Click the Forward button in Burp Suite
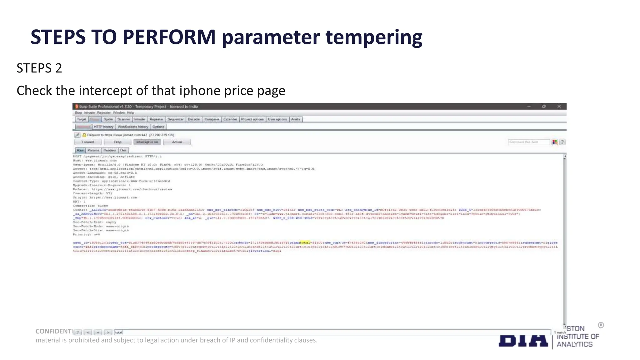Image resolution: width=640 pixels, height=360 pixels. click(x=88, y=142)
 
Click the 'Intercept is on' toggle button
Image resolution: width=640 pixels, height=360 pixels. click(x=147, y=142)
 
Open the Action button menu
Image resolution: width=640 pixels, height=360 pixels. click(x=177, y=142)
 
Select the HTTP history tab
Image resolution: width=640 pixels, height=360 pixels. click(x=104, y=127)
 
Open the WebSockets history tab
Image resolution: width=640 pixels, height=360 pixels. click(x=133, y=127)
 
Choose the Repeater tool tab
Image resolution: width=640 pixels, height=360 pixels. click(x=156, y=119)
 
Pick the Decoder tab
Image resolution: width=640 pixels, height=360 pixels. click(x=194, y=119)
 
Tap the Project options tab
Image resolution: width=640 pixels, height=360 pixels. click(x=252, y=119)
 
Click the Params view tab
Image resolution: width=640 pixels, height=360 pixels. click(x=93, y=150)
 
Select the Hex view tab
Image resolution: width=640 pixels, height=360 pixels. click(x=123, y=150)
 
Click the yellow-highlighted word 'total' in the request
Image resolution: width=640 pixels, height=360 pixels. click(x=305, y=242)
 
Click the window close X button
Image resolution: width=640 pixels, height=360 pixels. click(x=559, y=107)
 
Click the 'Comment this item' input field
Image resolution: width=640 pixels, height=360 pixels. click(x=528, y=142)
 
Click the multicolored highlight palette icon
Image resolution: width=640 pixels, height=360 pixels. click(x=555, y=142)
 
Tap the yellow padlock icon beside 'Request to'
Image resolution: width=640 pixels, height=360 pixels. click(x=84, y=135)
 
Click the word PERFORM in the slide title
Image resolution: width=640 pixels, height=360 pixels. click(x=169, y=37)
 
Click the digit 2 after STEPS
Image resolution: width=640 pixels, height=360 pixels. click(x=59, y=68)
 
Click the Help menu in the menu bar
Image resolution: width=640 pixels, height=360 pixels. click(x=130, y=113)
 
